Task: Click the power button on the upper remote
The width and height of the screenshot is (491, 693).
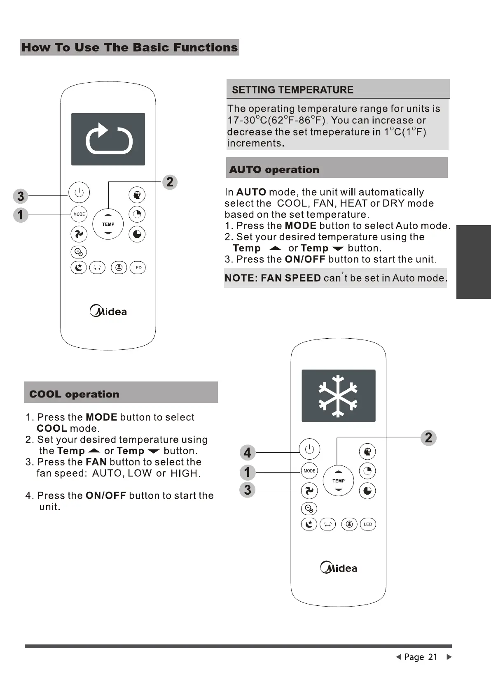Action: pos(79,192)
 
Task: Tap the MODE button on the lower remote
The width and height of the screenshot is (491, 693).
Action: pos(309,471)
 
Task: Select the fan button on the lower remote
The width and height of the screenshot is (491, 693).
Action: pos(309,490)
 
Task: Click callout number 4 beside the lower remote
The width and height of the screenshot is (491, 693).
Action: pos(247,453)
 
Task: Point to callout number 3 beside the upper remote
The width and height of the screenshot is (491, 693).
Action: pos(21,196)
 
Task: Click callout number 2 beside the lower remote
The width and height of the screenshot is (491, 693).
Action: pos(428,437)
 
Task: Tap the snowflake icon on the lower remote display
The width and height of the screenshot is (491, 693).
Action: pos(338,395)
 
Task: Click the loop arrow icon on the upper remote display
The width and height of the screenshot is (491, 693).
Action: pos(108,139)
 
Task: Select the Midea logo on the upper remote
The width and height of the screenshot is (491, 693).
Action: pos(108,311)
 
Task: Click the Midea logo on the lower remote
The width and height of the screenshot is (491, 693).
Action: pos(339,568)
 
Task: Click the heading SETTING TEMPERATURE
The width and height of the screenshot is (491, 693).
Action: pos(292,90)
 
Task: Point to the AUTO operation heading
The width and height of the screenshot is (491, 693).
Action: pos(274,170)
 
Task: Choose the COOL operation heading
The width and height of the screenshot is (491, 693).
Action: pos(74,394)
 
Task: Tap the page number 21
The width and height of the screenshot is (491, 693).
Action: pos(433,657)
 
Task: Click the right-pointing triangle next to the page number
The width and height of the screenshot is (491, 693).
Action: pos(449,657)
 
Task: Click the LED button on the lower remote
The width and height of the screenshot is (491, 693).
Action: pos(368,524)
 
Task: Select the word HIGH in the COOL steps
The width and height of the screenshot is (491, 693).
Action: pos(184,473)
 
